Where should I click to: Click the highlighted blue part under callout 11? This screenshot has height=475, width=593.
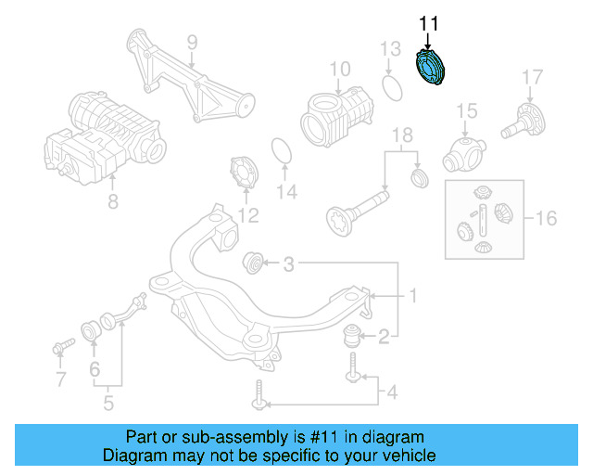click(430, 71)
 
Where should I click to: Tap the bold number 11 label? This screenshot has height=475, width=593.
click(430, 23)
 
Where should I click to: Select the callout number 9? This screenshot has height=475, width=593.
click(192, 42)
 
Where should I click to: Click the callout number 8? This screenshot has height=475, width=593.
click(112, 199)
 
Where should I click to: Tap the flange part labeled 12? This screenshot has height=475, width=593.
click(245, 175)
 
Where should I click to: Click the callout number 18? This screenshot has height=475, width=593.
click(401, 136)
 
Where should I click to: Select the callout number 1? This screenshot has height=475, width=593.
click(413, 297)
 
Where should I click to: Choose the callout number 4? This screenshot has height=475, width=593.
click(391, 392)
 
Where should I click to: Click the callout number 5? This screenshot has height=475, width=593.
click(107, 404)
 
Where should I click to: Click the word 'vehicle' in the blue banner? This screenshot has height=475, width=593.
click(404, 456)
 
